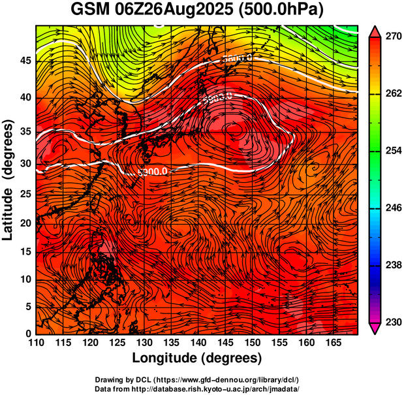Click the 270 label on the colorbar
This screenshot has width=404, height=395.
click(x=392, y=37)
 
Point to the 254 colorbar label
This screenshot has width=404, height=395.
click(x=392, y=151)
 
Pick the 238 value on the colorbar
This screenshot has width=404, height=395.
click(x=392, y=265)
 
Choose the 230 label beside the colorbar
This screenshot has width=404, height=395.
click(x=392, y=322)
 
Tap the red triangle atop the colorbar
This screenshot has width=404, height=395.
click(x=375, y=31)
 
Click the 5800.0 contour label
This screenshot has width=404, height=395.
click(x=236, y=59)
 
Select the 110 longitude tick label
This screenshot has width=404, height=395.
click(x=36, y=343)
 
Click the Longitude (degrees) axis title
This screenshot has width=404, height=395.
click(x=196, y=358)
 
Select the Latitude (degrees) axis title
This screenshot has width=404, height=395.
click(x=10, y=180)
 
